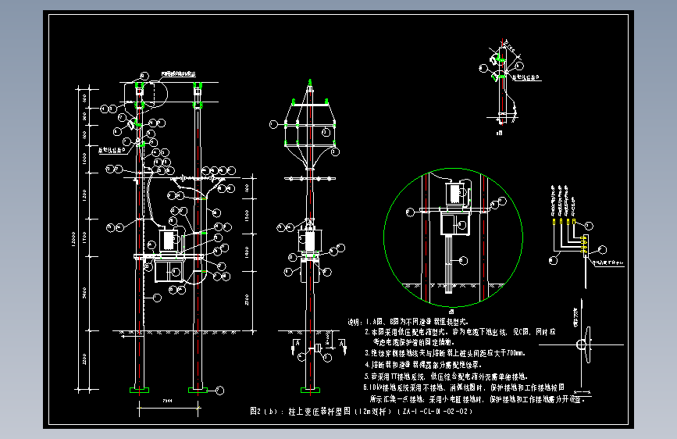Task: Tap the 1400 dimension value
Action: (x=248, y=252)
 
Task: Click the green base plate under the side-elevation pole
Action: (x=310, y=389)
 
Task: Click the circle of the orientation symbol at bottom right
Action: (x=581, y=346)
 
